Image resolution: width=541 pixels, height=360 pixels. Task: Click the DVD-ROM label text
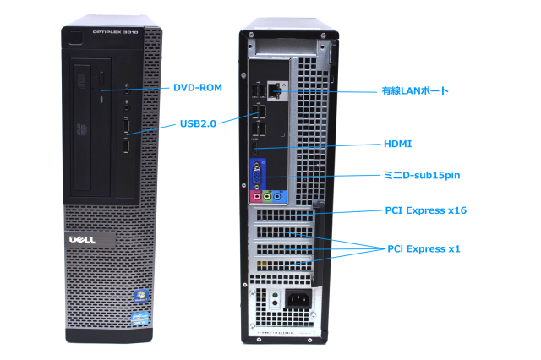click(x=197, y=87)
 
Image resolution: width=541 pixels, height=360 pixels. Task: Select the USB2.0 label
click(x=199, y=123)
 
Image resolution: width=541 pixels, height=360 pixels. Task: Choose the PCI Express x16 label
click(x=425, y=210)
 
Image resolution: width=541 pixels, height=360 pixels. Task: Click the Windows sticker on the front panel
click(x=140, y=296)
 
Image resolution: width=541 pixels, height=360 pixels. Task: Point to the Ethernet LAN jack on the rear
click(x=275, y=89)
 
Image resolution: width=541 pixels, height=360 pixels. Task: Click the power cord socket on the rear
click(x=298, y=298)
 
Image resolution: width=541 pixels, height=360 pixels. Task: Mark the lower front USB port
click(x=126, y=148)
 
